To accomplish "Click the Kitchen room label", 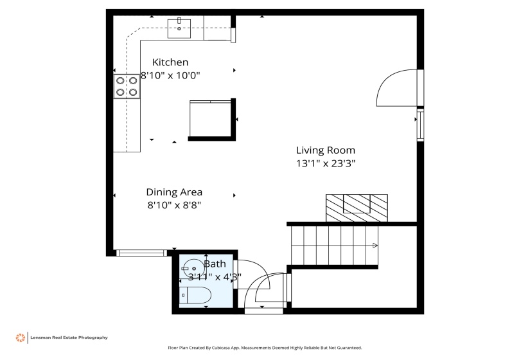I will (x=170, y=62).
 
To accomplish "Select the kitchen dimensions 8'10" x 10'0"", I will (x=170, y=75).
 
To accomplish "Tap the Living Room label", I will (x=325, y=150).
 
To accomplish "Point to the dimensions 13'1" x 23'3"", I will (x=325, y=163).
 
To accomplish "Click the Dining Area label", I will (x=174, y=192).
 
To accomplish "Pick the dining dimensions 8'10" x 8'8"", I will (x=174, y=205).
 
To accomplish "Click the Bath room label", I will (x=215, y=264).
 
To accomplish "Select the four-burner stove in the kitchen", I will (x=127, y=87).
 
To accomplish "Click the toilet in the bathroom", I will (x=197, y=296).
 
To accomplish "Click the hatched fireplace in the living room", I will (x=357, y=207).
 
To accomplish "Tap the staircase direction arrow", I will (x=375, y=245).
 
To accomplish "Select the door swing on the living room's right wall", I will (x=396, y=88).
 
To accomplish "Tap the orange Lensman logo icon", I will (x=21, y=337).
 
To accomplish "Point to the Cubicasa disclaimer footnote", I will (x=265, y=348).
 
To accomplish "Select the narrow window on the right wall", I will (x=420, y=125).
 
